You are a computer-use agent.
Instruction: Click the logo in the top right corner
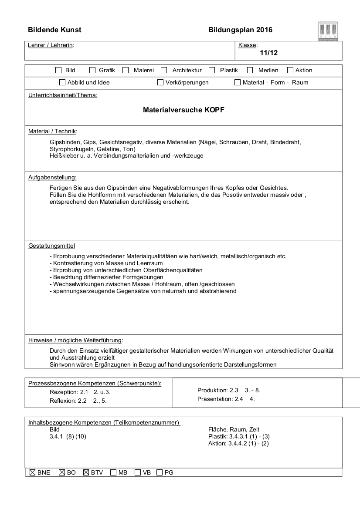(329, 31)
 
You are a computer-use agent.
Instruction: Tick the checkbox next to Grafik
(92, 70)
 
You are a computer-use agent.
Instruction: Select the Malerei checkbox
(126, 70)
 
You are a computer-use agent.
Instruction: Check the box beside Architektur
(164, 70)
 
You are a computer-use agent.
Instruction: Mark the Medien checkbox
(250, 70)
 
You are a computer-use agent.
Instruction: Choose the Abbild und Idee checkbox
(62, 82)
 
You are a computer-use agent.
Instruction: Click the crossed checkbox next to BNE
(32, 472)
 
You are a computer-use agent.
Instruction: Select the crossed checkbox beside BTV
(86, 472)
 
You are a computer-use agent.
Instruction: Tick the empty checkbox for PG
(160, 472)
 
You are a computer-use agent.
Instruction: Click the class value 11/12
(268, 53)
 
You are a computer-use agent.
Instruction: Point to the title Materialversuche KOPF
(183, 110)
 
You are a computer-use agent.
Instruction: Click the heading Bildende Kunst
(54, 30)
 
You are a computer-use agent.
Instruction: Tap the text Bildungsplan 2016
(240, 30)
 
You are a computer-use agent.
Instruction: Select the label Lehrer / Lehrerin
(51, 45)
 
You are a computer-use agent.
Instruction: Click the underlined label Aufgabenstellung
(52, 177)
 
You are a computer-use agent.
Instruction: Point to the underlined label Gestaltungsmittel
(51, 246)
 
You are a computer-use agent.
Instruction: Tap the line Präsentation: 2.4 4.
(226, 398)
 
